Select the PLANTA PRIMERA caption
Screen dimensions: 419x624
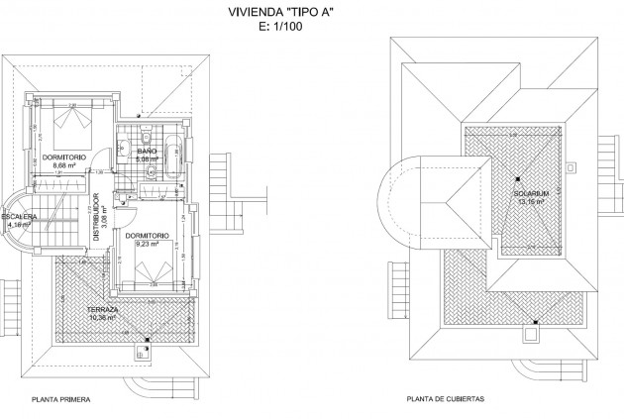coord(61,400)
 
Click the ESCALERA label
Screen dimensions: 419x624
coord(19,216)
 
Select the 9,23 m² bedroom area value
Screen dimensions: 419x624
coord(146,244)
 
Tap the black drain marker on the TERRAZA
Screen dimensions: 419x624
coord(148,340)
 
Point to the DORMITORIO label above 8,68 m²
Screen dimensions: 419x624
coord(64,157)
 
